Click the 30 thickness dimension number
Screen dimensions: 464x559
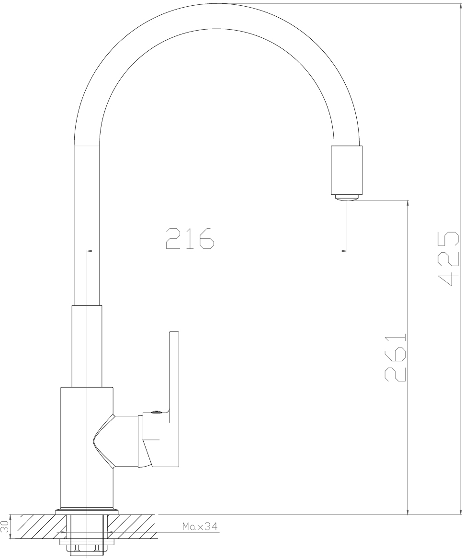coord(5,526)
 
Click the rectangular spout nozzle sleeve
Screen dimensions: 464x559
coord(347,170)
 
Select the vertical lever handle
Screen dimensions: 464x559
coord(174,399)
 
